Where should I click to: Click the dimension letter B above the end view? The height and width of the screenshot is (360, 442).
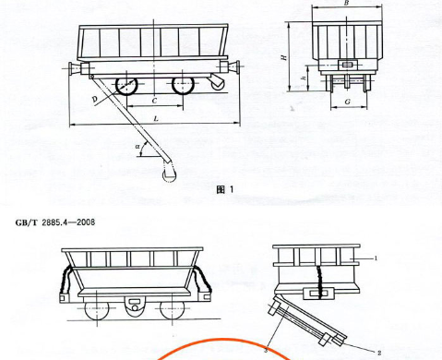346,3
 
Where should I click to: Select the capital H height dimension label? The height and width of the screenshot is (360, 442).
285,57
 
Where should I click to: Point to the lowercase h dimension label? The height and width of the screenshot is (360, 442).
304,78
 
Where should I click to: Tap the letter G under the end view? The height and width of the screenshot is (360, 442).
348,102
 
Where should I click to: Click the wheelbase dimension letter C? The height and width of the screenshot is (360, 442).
155,101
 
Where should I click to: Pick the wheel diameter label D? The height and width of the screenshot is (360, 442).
95,99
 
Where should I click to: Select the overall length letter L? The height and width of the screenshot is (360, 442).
156,118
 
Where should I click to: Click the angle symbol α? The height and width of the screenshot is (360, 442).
137,147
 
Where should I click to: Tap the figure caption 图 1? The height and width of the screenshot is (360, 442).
225,190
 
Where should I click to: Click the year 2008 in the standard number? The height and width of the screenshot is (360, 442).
86,222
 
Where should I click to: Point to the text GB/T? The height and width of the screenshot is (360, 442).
26,222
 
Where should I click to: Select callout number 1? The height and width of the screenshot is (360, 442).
376,258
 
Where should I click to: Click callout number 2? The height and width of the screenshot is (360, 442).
379,354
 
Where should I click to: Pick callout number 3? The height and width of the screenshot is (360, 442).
266,351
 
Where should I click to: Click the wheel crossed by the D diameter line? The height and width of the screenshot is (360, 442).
126,85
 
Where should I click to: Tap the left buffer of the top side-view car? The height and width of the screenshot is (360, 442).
75,67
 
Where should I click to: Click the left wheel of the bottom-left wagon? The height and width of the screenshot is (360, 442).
97,309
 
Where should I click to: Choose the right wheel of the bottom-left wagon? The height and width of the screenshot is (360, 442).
173,309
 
